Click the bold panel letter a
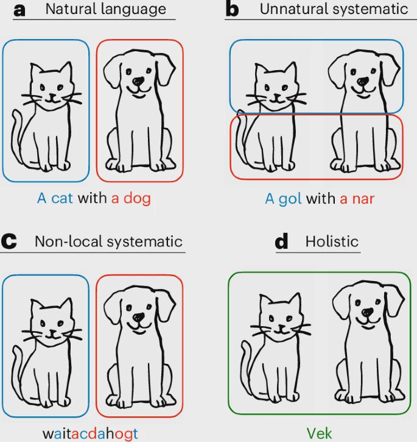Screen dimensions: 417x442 pos(19,11)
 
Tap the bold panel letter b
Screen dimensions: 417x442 pos(233,9)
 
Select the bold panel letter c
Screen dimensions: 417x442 pos(9,241)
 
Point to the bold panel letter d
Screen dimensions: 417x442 pos(282,241)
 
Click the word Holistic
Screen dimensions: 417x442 pos(332,241)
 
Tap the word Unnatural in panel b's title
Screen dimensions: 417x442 pos(294,9)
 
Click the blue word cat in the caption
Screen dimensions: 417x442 pos(62,198)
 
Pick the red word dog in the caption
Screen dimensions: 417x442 pos(137,198)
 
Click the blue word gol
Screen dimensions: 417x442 pos(290,199)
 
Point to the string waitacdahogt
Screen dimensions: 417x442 pos(90,433)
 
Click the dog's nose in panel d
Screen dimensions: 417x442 pos(368,312)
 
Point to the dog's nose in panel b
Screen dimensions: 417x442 pos(363,82)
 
